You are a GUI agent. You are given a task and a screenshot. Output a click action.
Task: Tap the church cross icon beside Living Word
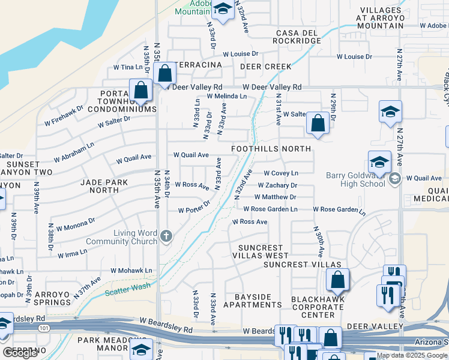coord(166,237)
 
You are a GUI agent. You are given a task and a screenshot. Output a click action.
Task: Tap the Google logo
coord(20,353)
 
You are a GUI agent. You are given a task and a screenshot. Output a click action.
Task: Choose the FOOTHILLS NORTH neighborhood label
coord(271,149)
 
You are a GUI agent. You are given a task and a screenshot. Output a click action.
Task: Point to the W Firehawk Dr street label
coord(64,118)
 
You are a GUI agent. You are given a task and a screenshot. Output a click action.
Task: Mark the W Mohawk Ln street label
coord(129,271)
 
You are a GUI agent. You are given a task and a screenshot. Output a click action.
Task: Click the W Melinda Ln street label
coord(226,96)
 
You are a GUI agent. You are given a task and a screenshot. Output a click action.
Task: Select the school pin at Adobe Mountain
coord(223,9)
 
